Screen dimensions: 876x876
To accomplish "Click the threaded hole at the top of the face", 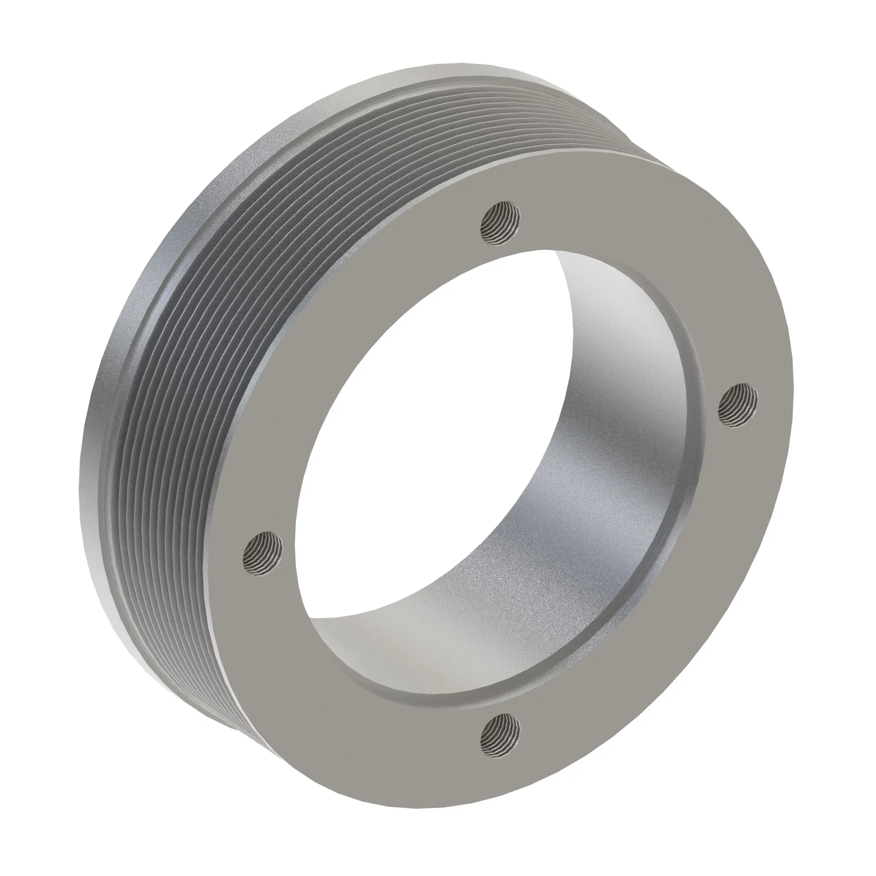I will coord(500,223).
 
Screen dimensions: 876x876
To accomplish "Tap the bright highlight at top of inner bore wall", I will coord(585,290).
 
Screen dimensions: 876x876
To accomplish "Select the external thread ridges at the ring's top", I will coord(453,118).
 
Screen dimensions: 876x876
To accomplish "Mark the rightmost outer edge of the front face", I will coord(791,408).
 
